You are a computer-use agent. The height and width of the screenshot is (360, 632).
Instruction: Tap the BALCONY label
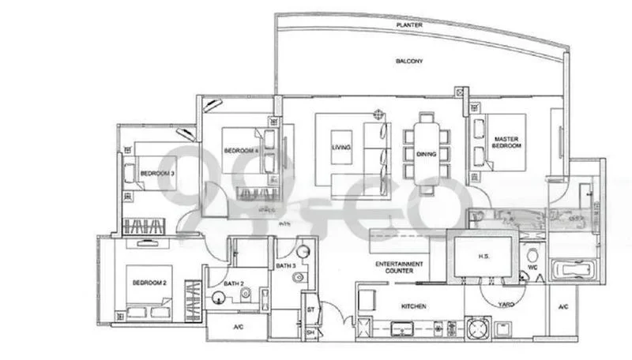click(409, 61)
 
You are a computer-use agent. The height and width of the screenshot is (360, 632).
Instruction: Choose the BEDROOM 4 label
click(237, 150)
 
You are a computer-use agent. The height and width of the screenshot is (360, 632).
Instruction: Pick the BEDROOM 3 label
click(157, 172)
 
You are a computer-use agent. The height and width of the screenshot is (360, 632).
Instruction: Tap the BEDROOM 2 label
click(149, 283)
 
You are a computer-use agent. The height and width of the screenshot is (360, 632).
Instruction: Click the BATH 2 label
click(231, 282)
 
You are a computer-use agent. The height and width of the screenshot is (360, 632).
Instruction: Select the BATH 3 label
click(284, 267)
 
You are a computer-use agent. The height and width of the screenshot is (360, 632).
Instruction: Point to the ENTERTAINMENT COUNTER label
click(398, 268)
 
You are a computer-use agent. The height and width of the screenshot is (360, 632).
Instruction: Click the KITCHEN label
click(413, 306)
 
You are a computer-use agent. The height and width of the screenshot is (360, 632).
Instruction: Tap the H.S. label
click(484, 257)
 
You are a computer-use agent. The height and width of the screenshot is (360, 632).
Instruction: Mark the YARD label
click(506, 303)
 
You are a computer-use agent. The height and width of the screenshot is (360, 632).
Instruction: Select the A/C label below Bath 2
click(239, 327)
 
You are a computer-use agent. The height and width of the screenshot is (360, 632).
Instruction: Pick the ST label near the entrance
click(310, 309)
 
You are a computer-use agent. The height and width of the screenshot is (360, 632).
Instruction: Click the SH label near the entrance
click(310, 333)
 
